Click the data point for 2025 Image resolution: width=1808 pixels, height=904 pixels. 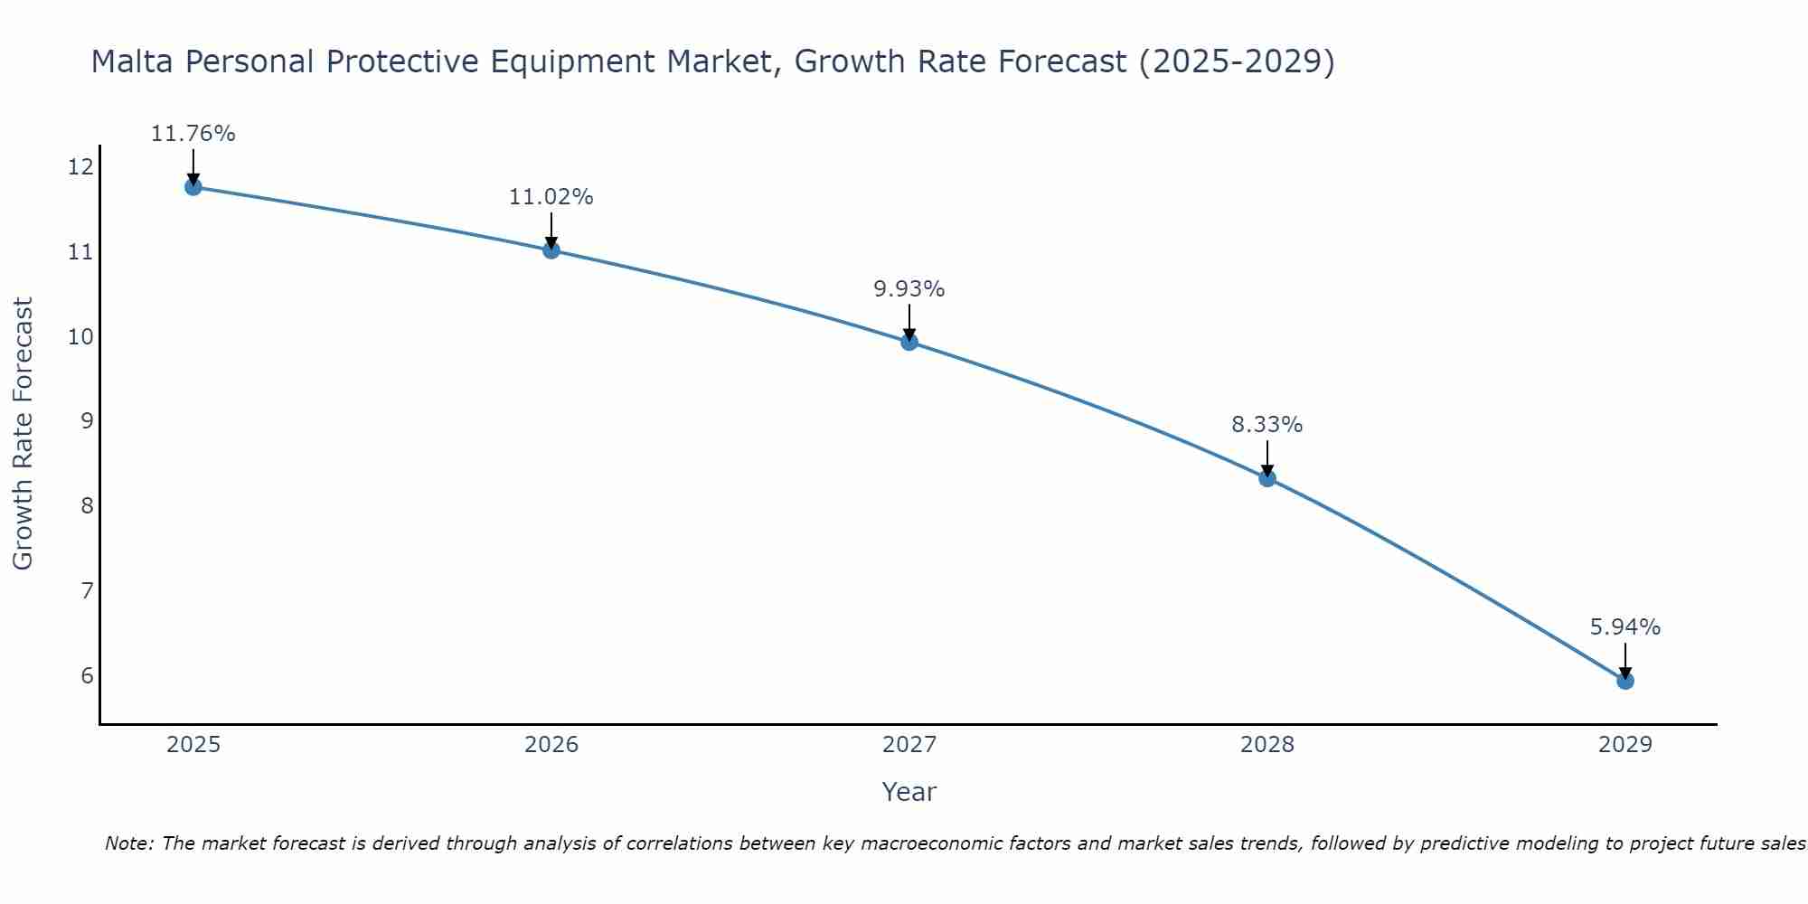(x=193, y=187)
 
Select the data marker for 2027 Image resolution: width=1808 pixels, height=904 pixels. (x=909, y=342)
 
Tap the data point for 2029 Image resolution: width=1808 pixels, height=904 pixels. (x=1624, y=681)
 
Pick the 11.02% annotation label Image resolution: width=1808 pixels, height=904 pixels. (x=551, y=197)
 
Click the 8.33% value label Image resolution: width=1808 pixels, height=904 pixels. (x=1267, y=425)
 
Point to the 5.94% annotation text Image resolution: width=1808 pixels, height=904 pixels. (x=1624, y=627)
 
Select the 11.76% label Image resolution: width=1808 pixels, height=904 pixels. (x=193, y=134)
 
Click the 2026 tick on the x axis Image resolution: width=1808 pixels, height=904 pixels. (x=551, y=745)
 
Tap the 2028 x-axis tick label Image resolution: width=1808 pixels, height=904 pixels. (x=1267, y=745)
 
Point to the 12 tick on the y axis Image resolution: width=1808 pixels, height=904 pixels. (x=80, y=166)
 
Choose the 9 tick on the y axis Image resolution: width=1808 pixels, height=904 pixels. (x=87, y=421)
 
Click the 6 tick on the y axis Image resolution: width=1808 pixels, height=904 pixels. (x=87, y=676)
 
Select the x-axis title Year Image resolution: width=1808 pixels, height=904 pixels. (x=909, y=792)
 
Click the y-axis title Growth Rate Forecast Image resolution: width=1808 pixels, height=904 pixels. (x=24, y=434)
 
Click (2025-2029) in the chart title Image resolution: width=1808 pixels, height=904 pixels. (x=1236, y=61)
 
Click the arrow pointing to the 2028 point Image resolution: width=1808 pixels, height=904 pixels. (x=1267, y=457)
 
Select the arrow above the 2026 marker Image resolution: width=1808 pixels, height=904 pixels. (x=551, y=230)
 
